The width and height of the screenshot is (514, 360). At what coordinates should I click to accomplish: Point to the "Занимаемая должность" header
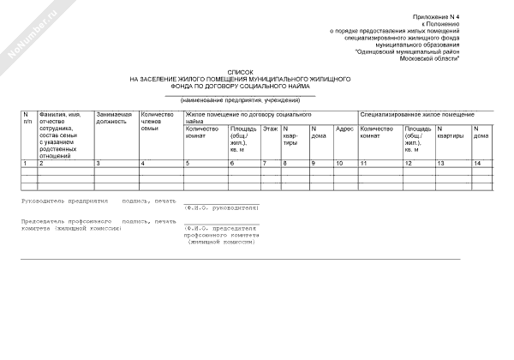tap(114, 118)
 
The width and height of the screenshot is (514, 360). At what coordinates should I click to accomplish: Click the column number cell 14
tap(477, 163)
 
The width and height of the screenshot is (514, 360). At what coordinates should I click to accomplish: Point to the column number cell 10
tap(340, 163)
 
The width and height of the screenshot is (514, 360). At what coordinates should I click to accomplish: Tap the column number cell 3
tap(99, 163)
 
